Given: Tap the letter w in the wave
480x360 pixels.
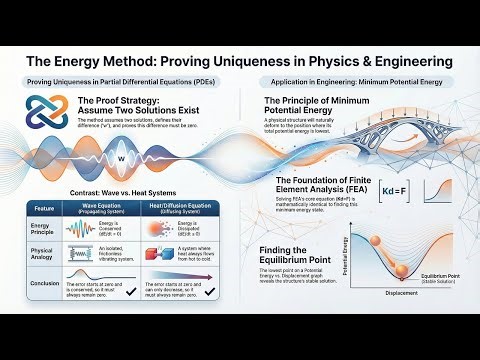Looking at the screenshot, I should pyautogui.click(x=122, y=159).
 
